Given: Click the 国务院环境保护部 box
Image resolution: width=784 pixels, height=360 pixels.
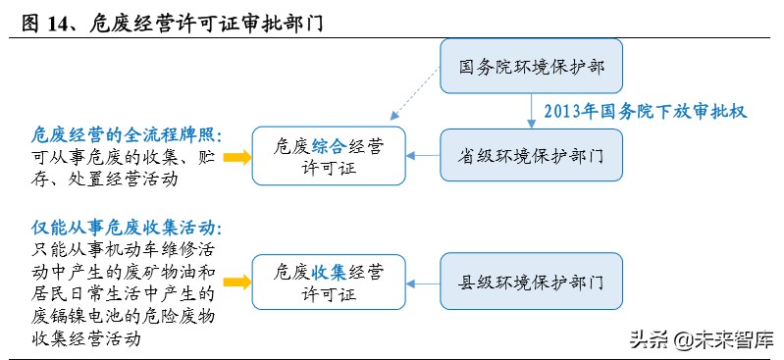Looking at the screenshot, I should click(x=531, y=70).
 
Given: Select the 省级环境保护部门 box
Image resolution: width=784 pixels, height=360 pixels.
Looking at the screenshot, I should click(x=531, y=156).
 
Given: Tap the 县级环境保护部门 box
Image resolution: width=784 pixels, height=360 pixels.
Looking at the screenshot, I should click(x=531, y=282).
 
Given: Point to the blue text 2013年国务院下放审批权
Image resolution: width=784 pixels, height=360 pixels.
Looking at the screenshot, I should click(x=646, y=112).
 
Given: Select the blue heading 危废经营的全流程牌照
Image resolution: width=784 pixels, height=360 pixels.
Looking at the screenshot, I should click(x=120, y=133).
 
